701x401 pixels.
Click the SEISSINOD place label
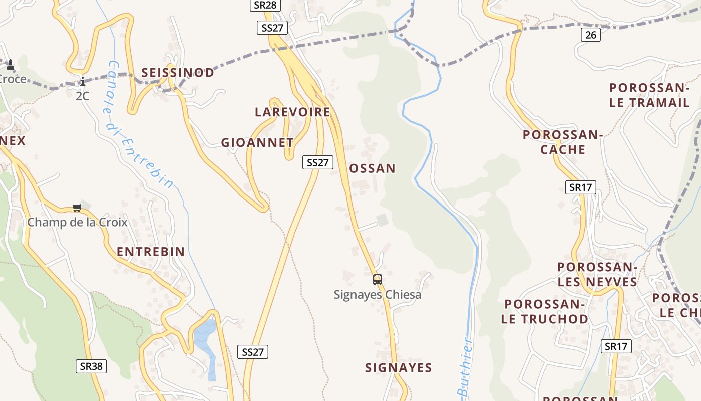pyautogui.click(x=177, y=73)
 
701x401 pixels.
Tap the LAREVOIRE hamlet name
pyautogui.click(x=292, y=112)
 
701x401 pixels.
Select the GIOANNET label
pyautogui.click(x=257, y=143)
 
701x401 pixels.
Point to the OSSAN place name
pyautogui.click(x=372, y=168)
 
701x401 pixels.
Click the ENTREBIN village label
pyautogui.click(x=151, y=252)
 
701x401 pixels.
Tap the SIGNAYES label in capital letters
pyautogui.click(x=398, y=368)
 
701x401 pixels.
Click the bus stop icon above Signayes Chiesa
pyautogui.click(x=378, y=280)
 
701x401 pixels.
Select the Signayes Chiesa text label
pyautogui.click(x=378, y=295)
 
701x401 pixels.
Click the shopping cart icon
pyautogui.click(x=77, y=208)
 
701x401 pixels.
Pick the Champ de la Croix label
pyautogui.click(x=77, y=222)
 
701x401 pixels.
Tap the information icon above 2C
pyautogui.click(x=83, y=81)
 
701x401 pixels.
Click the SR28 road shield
pyautogui.click(x=265, y=5)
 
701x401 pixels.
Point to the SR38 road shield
pyautogui.click(x=91, y=366)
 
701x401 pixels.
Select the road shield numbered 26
pyautogui.click(x=591, y=35)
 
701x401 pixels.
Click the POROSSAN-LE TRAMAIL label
pyautogui.click(x=649, y=95)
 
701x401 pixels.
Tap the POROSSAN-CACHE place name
pyautogui.click(x=563, y=142)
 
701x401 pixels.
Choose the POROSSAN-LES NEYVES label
pyautogui.click(x=597, y=274)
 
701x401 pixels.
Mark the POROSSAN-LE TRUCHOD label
pyautogui.click(x=545, y=311)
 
